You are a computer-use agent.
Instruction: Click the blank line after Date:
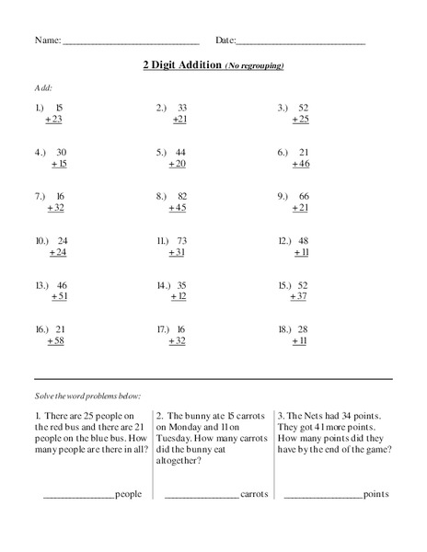click(301, 42)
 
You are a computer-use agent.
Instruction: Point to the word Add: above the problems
click(43, 87)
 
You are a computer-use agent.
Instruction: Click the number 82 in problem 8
click(182, 196)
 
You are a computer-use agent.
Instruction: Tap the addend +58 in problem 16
click(55, 340)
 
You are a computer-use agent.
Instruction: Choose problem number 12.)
click(285, 240)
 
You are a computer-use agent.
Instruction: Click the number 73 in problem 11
click(182, 240)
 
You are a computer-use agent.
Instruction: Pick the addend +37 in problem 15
click(299, 296)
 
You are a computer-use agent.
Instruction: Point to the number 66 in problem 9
click(304, 196)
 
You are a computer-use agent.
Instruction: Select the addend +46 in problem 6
click(301, 164)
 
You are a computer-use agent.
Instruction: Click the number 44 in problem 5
click(180, 152)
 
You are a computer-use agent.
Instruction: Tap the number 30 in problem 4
click(61, 152)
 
